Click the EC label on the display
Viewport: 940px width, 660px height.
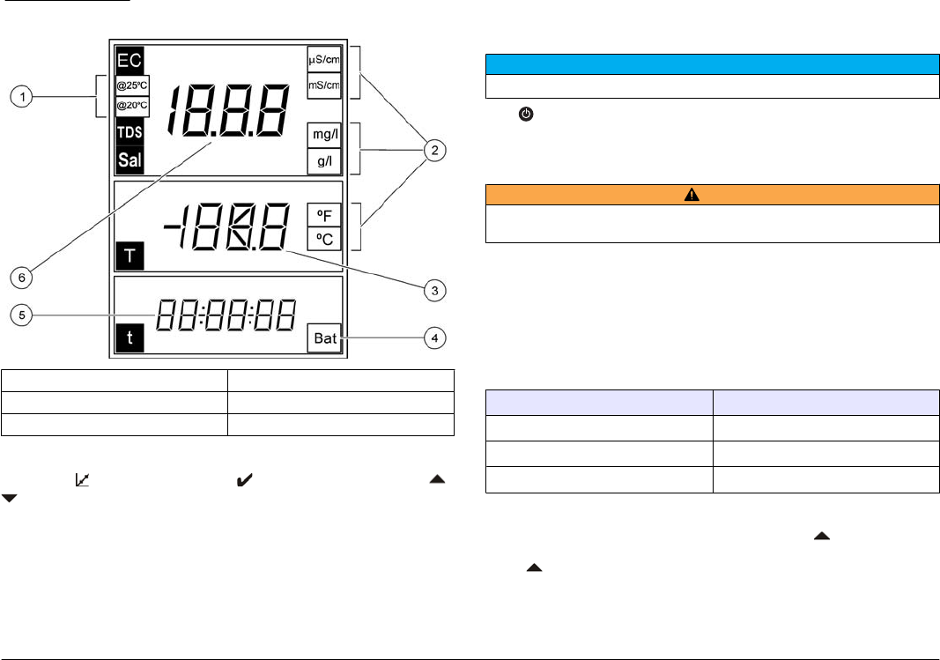pyautogui.click(x=129, y=61)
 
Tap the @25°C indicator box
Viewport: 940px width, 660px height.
pyautogui.click(x=133, y=85)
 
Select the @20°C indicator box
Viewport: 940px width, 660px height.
pyautogui.click(x=133, y=105)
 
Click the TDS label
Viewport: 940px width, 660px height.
pyautogui.click(x=130, y=133)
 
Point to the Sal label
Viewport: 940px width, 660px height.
pyautogui.click(x=130, y=160)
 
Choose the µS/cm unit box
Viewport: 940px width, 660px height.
pyautogui.click(x=323, y=60)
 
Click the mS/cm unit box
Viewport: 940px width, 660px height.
pyautogui.click(x=323, y=85)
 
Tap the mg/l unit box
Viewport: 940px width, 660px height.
pyautogui.click(x=323, y=135)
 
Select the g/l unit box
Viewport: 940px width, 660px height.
pyautogui.click(x=323, y=161)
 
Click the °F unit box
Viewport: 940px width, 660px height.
pyautogui.click(x=323, y=216)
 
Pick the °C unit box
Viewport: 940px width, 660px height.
pyautogui.click(x=323, y=240)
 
